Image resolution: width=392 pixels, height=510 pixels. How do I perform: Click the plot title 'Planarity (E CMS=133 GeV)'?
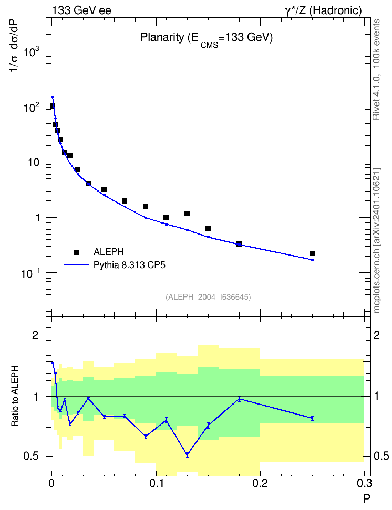coord(207,39)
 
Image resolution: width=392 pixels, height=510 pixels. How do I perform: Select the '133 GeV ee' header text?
coord(81,10)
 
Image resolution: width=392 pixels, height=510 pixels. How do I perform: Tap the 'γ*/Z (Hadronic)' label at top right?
coord(323,10)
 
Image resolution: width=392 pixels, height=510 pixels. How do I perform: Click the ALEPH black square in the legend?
coord(76,252)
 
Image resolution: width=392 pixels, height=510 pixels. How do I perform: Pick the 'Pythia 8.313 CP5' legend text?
coord(129,265)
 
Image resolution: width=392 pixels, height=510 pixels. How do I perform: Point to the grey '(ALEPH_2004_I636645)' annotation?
coord(208,297)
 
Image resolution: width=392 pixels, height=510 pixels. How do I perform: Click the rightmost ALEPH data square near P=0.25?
coord(312,253)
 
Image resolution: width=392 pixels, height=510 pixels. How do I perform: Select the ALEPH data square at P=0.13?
coord(187,214)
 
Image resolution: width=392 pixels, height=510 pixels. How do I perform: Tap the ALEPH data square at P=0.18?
coord(239,244)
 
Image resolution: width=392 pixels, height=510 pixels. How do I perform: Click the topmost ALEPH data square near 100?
coord(52,106)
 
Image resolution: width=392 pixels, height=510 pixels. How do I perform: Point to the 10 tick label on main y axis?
coord(34,162)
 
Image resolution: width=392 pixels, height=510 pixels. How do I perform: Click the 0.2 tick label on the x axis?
coord(260,483)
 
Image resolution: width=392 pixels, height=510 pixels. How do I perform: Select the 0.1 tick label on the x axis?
coord(156,483)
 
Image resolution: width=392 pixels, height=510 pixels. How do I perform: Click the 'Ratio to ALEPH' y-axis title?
coord(15,396)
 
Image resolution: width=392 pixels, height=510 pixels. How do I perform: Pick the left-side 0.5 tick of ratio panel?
coord(31,456)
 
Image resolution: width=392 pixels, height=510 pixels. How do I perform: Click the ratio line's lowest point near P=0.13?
coord(187,454)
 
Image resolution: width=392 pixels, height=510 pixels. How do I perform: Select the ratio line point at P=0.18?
coord(239,399)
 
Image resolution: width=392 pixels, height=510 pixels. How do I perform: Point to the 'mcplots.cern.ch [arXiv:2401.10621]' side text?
coord(377,241)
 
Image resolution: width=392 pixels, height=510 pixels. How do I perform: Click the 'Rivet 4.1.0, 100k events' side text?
coord(376,70)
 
